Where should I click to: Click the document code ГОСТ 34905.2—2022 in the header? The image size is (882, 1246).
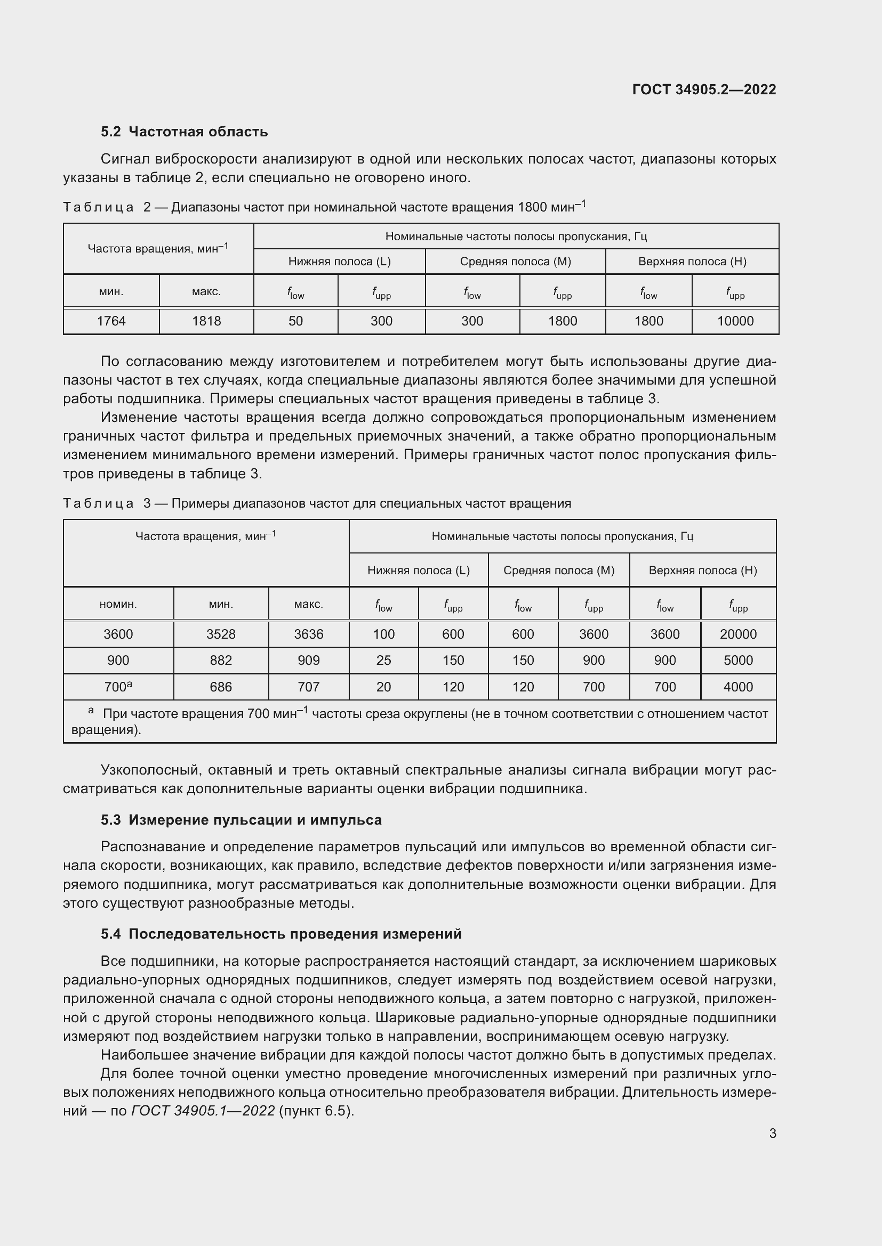pos(704,89)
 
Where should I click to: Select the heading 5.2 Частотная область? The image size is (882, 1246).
pos(184,132)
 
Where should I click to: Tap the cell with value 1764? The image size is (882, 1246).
pos(111,321)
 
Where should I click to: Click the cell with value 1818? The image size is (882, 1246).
pos(206,321)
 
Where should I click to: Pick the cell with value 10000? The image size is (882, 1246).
pos(735,321)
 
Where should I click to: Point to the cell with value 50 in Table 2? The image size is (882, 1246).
pos(295,321)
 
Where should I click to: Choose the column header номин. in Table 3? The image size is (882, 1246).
pos(118,604)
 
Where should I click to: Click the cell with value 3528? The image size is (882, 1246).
pos(221,634)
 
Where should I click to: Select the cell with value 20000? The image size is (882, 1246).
pos(737,634)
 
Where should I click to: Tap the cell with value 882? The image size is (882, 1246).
pos(221,661)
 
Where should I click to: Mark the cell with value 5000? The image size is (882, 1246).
pos(737,661)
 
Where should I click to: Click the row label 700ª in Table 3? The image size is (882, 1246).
pos(118,687)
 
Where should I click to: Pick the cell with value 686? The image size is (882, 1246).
pos(221,687)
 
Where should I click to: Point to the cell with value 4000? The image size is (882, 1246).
pos(737,687)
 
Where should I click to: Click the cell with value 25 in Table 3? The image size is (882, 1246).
pos(383,661)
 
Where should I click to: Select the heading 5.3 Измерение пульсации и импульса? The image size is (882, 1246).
pos(241,819)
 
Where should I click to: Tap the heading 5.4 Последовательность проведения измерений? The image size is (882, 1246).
pos(281,933)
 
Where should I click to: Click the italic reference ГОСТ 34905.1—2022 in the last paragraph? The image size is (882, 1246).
pos(203,1110)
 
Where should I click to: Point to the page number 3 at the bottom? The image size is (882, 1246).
pos(772,1133)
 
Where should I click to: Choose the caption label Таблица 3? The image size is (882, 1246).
pos(107,503)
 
